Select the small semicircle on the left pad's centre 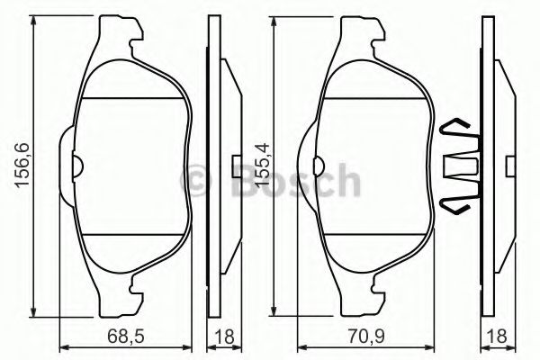78,166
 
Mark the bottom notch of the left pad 136,287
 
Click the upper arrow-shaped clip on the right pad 456,129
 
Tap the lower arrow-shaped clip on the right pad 456,205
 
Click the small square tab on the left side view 235,166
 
